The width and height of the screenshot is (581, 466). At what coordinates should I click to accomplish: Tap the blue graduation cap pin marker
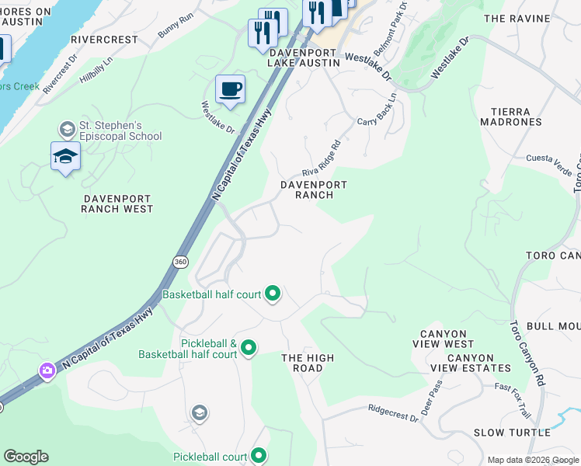pos(65,156)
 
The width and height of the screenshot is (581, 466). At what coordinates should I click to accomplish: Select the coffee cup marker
pos(230,90)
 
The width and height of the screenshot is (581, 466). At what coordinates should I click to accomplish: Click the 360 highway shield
pos(180,263)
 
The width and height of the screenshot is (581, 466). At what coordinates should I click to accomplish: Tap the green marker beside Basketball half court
pos(273,294)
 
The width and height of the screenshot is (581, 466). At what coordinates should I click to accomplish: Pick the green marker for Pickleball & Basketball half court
pos(249,347)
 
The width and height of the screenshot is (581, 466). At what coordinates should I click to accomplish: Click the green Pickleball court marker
pos(259,456)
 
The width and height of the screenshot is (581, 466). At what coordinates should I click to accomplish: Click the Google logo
pos(26,456)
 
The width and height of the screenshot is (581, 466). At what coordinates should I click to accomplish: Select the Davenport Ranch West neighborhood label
pos(118,203)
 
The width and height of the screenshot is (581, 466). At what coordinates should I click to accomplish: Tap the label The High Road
pos(308,363)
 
